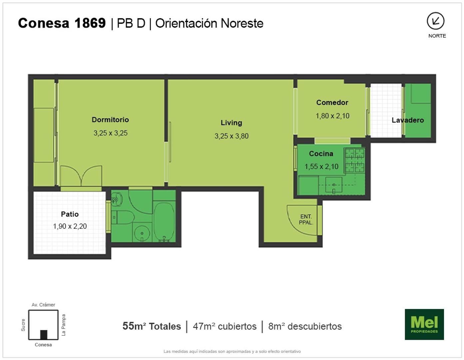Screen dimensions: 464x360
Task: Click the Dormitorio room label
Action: (110, 120)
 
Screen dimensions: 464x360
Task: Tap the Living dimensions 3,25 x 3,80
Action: (232, 136)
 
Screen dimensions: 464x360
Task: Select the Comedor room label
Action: (332, 103)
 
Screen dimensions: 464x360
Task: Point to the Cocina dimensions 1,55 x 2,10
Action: (321, 166)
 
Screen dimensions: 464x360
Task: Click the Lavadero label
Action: (408, 120)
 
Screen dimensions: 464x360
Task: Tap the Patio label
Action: (70, 214)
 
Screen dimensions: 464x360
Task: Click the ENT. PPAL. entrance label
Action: (306, 219)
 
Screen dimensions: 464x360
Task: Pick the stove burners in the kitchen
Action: (354, 160)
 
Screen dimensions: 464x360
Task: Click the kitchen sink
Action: (333, 185)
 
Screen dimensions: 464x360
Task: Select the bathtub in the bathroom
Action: (164, 222)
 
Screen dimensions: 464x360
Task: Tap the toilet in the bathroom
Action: (123, 217)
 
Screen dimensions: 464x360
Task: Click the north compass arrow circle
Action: (436, 21)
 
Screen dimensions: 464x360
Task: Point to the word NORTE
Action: (437, 36)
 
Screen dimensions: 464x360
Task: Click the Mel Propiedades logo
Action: (424, 324)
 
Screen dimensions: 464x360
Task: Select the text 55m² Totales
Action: (152, 326)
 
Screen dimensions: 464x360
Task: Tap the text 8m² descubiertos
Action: (305, 326)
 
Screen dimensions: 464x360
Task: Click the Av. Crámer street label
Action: (43, 305)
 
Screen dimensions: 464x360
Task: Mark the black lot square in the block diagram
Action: (44, 335)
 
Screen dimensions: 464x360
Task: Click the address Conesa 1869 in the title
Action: (62, 23)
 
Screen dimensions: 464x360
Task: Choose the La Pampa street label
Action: (63, 325)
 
